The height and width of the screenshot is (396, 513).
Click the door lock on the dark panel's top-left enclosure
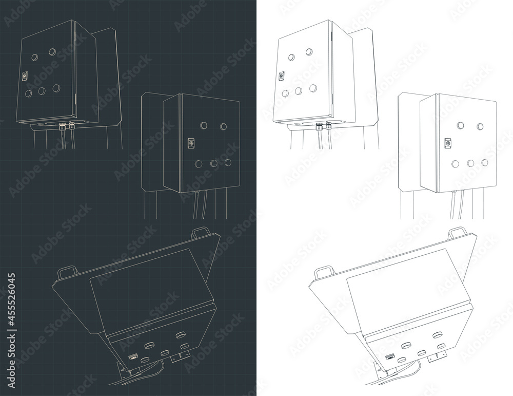[x=25, y=76]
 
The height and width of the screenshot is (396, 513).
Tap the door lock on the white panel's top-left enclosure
[x=281, y=76]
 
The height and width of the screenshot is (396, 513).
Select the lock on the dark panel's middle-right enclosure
[x=191, y=143]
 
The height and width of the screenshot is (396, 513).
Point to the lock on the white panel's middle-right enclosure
[x=447, y=143]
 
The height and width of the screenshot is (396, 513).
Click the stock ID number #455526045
[x=11, y=300]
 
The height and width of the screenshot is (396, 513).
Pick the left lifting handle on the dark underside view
[x=67, y=273]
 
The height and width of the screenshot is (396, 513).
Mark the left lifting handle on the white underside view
[x=324, y=273]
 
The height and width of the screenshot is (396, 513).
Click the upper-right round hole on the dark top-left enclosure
[x=52, y=52]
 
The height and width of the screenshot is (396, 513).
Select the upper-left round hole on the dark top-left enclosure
[x=35, y=58]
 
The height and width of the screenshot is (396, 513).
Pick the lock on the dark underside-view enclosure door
[x=133, y=356]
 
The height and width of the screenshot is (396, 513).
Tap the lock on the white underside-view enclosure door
[x=390, y=356]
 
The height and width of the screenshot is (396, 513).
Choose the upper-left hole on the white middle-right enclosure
[x=461, y=125]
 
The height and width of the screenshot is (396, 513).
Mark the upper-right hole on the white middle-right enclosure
[x=480, y=126]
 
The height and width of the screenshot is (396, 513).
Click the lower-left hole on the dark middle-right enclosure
[x=198, y=164]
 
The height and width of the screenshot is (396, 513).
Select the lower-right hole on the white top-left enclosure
[x=313, y=88]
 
